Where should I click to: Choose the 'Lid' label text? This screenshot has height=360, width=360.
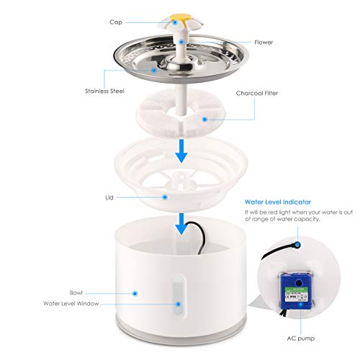click(x=109, y=195)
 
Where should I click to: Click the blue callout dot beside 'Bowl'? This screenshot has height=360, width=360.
click(x=135, y=294)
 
